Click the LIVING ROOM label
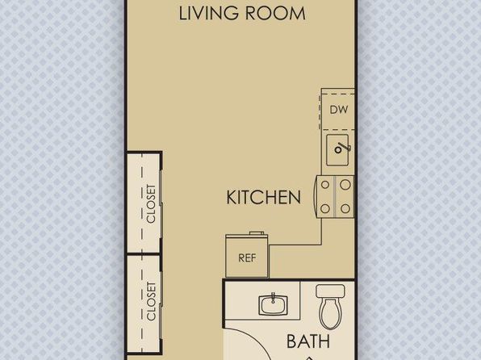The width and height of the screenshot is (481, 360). click(242, 13)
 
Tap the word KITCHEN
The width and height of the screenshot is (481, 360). click(264, 197)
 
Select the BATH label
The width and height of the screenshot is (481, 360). click(308, 341)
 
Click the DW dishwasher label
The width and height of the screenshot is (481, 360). click(339, 110)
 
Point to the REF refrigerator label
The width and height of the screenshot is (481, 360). click(247, 258)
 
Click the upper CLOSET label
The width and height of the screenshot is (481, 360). click(151, 203)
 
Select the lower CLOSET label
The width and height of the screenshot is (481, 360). click(151, 301)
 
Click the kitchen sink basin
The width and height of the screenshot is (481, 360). click(337, 150)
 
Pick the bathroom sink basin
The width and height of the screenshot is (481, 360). click(273, 305)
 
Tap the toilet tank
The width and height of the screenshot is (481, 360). click(330, 291)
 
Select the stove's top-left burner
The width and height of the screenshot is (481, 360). click(325, 185)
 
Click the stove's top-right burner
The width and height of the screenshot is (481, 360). click(345, 185)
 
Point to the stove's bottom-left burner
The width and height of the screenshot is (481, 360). click(325, 209)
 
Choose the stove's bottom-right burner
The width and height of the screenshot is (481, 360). click(345, 209)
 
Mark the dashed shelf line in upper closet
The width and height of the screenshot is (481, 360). click(142, 203)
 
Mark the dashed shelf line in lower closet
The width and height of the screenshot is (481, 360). click(142, 303)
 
